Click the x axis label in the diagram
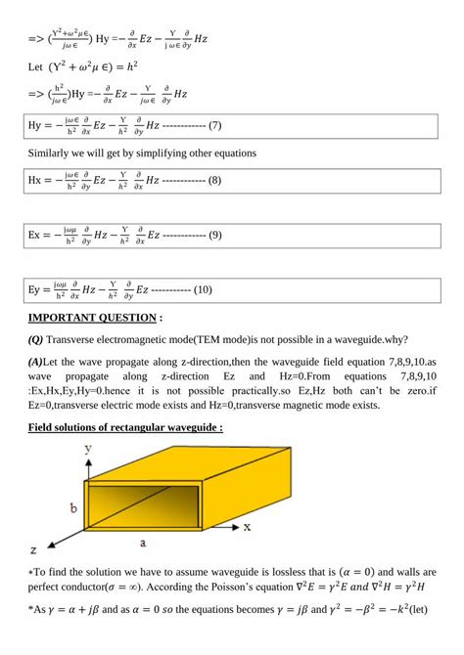[x=248, y=526]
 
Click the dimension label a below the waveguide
[x=143, y=540]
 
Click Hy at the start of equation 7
[x=38, y=126]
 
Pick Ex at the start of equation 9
[x=38, y=236]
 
